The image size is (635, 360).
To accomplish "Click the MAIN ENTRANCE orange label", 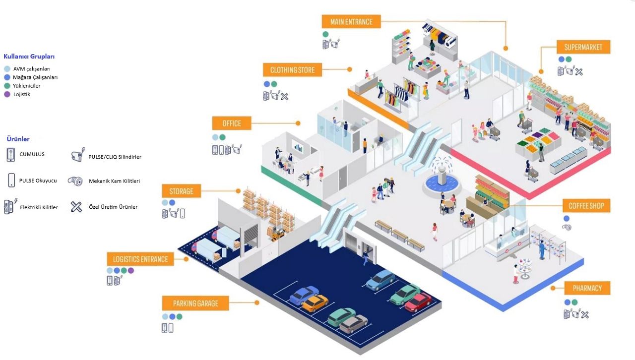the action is coord(351,21).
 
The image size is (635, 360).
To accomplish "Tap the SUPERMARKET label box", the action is coord(583,47).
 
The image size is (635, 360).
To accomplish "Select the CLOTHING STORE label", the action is coord(292,70).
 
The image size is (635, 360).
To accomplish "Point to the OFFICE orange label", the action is coord(232,123).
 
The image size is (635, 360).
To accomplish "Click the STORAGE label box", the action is coord(182,191).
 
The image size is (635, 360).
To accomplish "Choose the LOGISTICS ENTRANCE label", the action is coord(140,259).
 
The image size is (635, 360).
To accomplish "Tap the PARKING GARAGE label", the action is coord(195,303).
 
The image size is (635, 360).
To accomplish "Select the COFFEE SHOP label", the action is coord(586,205).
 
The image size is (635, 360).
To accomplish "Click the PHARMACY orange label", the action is coord(587,288).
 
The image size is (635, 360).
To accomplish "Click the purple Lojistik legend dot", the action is coord(7,94).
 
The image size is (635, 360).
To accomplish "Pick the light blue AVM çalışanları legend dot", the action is coord(7,69).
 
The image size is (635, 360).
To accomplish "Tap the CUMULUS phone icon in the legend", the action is coord(11,155).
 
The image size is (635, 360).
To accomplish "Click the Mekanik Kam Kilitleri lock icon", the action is coord(75,181).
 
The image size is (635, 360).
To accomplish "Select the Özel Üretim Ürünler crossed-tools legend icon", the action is coord(76,207).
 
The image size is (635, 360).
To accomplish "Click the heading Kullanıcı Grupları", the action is coord(29,57).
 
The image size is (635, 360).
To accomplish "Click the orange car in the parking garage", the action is coord(315,303).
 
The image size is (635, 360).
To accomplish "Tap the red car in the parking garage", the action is coord(418,302).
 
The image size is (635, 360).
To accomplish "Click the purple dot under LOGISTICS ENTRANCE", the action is coord(130,270).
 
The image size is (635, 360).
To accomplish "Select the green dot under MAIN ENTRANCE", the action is coord(325,34).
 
